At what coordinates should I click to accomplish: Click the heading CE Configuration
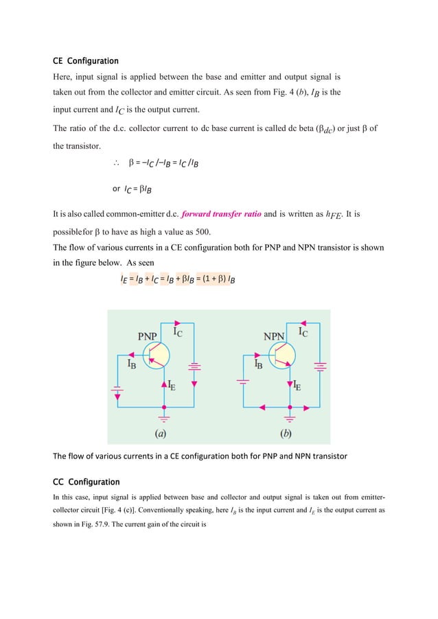click(86, 61)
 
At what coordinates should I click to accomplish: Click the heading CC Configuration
click(86, 481)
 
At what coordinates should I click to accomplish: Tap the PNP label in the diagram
click(148, 337)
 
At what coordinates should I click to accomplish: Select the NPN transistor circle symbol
click(282, 355)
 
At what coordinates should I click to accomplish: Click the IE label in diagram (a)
click(174, 386)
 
